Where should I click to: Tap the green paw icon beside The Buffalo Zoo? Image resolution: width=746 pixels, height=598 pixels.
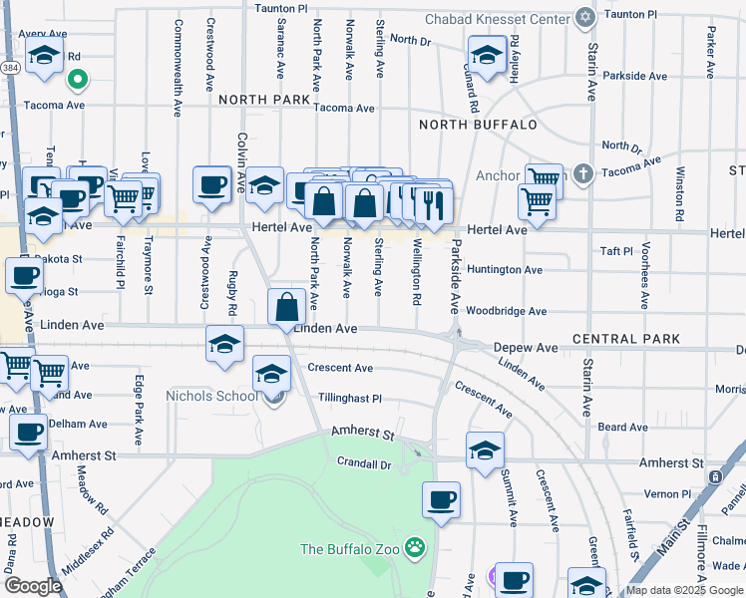(x=414, y=548)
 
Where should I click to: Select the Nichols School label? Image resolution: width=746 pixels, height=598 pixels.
(x=210, y=396)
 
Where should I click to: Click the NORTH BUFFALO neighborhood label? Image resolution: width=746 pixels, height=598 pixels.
(x=478, y=125)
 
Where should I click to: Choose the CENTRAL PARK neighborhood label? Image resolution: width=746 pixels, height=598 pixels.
(x=626, y=339)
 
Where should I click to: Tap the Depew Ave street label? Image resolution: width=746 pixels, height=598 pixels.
(x=526, y=348)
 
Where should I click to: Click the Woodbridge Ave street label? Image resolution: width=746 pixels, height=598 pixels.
(x=506, y=311)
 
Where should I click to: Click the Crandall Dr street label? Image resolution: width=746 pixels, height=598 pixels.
(x=363, y=462)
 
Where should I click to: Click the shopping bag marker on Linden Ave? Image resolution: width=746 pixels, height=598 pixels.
(x=286, y=307)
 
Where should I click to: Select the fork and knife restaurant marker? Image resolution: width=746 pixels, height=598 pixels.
(x=433, y=205)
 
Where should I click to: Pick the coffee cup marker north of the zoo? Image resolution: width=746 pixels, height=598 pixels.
(x=440, y=499)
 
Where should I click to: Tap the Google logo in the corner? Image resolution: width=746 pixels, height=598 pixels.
(x=32, y=586)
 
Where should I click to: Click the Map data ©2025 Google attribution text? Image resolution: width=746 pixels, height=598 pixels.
(x=684, y=590)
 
